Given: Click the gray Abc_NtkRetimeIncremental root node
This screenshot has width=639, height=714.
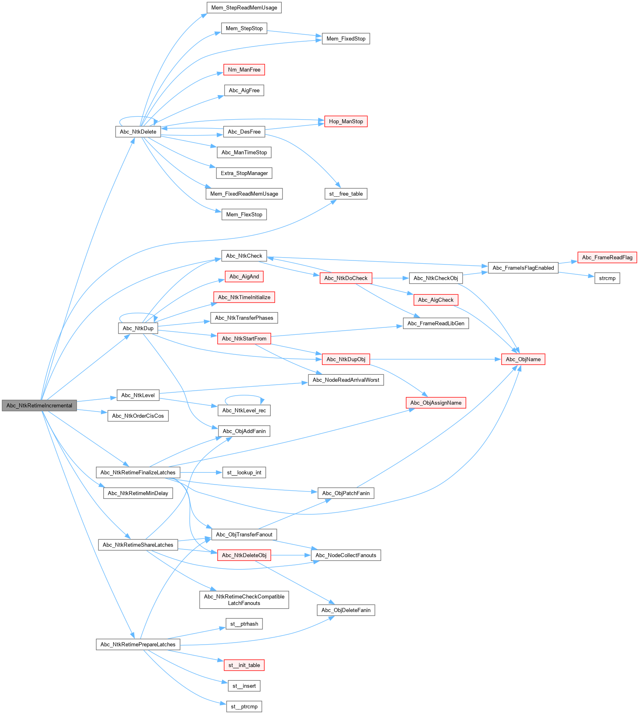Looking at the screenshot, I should coord(39,405).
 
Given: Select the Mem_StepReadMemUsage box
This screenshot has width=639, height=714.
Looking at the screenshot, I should coord(244,8).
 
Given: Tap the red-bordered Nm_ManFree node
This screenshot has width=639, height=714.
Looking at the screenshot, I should coord(244,70).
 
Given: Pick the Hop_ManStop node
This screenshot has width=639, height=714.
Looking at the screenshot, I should coord(346,121).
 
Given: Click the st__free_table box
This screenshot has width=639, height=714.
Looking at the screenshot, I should coord(346,194).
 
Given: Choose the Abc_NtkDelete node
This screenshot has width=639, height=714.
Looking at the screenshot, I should coord(138,132).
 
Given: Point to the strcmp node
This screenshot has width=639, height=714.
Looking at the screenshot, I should coord(607,278).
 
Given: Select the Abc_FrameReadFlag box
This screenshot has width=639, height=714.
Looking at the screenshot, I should coord(607,258).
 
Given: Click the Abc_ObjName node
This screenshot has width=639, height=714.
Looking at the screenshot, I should coord(523,359).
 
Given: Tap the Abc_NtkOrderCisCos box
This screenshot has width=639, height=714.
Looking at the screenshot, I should coord(138,416).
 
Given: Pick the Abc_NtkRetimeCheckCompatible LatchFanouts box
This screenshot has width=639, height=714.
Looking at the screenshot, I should coord(244,600).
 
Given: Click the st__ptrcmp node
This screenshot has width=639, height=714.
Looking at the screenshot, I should coord(244,707).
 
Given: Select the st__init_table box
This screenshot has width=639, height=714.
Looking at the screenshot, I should coord(244,665).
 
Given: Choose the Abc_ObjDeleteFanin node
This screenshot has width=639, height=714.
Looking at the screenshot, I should coord(346,610).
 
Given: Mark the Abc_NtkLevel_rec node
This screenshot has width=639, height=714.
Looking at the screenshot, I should coord(244,411).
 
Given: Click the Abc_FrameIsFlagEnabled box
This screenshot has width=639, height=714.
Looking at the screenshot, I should coord(523,268).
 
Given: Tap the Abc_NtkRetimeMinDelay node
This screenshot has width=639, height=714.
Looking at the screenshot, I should coord(138,493).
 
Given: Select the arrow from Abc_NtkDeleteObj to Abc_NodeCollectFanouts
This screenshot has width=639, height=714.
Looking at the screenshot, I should coord(290,555).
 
